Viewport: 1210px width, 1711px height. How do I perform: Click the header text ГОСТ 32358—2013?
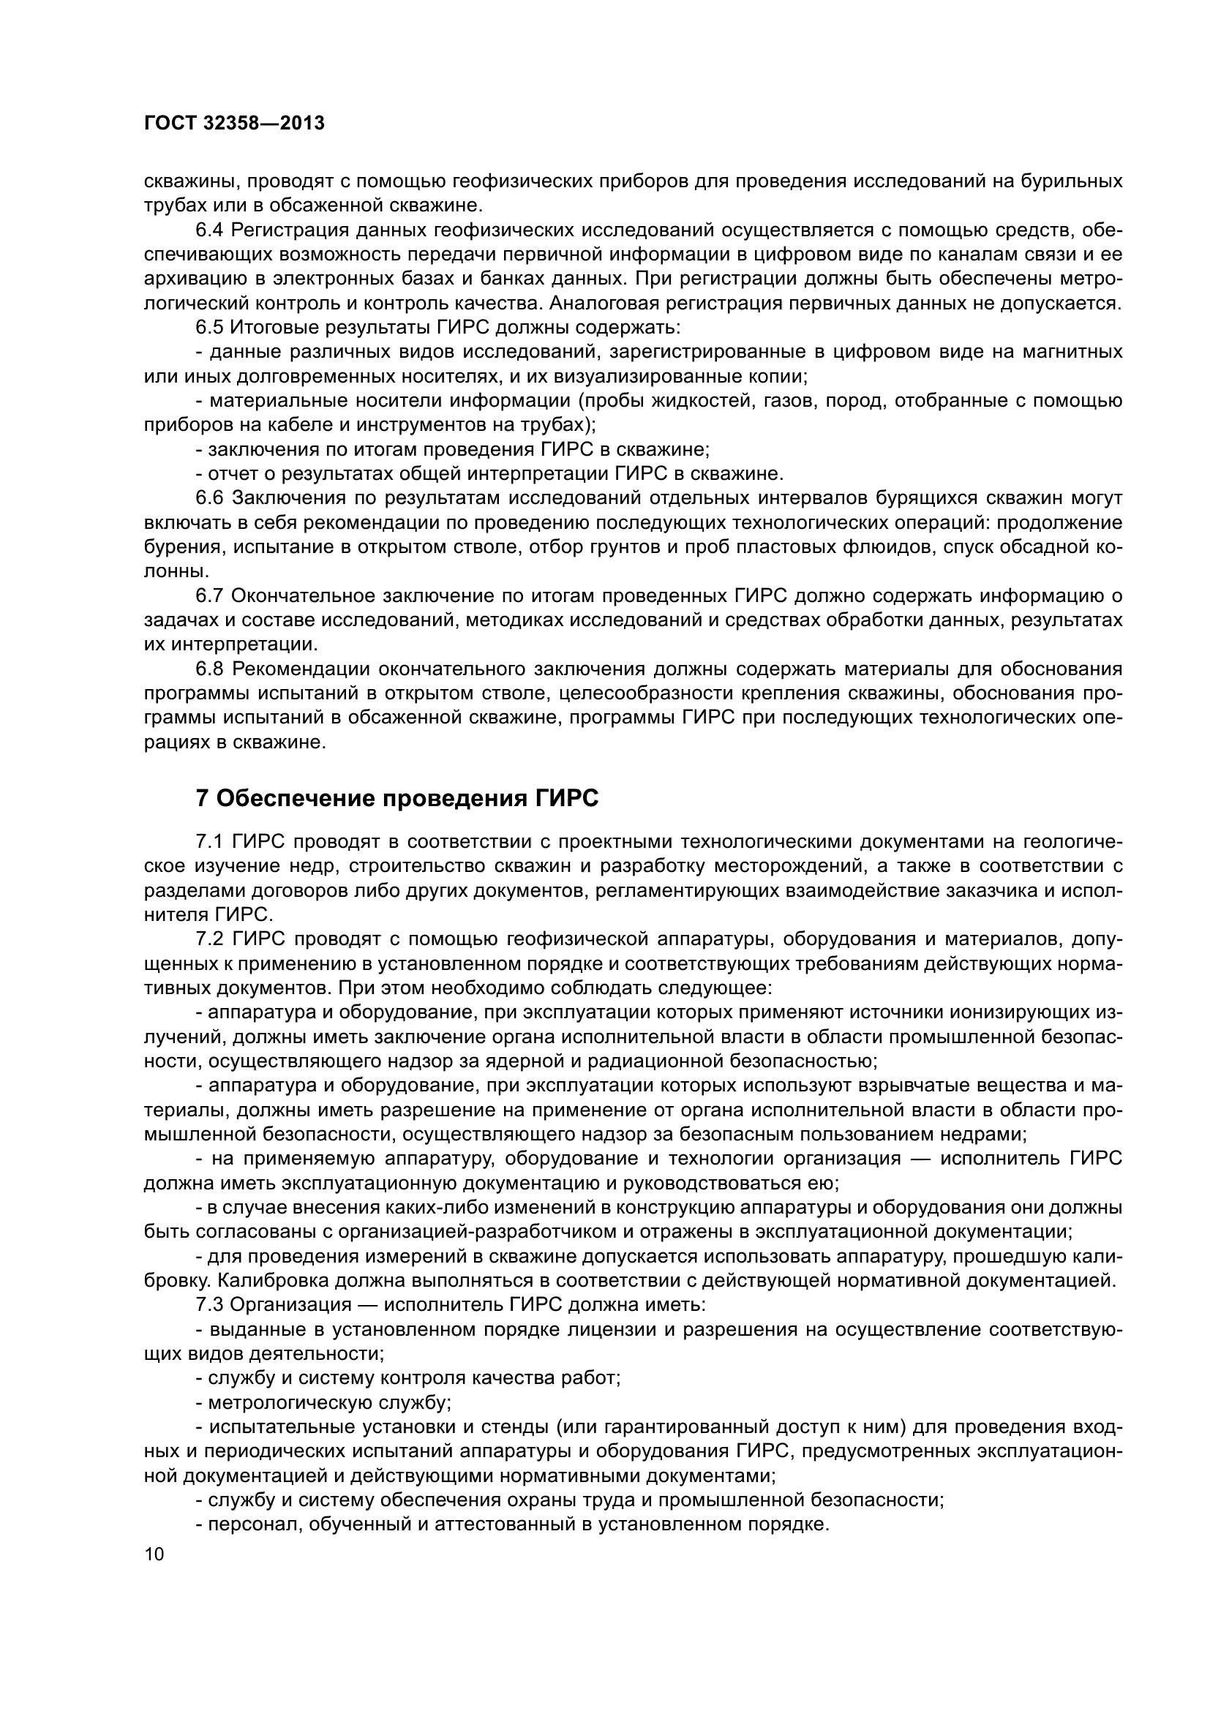click(x=234, y=124)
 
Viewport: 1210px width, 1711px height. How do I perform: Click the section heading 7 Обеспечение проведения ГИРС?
click(x=397, y=799)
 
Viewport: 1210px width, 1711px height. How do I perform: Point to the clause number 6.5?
click(x=210, y=327)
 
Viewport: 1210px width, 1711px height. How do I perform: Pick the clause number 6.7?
click(x=210, y=595)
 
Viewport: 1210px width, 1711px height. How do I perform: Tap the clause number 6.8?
click(x=210, y=669)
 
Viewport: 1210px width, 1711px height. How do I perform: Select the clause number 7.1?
click(x=210, y=842)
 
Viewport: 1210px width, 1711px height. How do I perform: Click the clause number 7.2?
click(x=210, y=940)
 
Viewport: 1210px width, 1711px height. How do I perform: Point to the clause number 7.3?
click(x=210, y=1305)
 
